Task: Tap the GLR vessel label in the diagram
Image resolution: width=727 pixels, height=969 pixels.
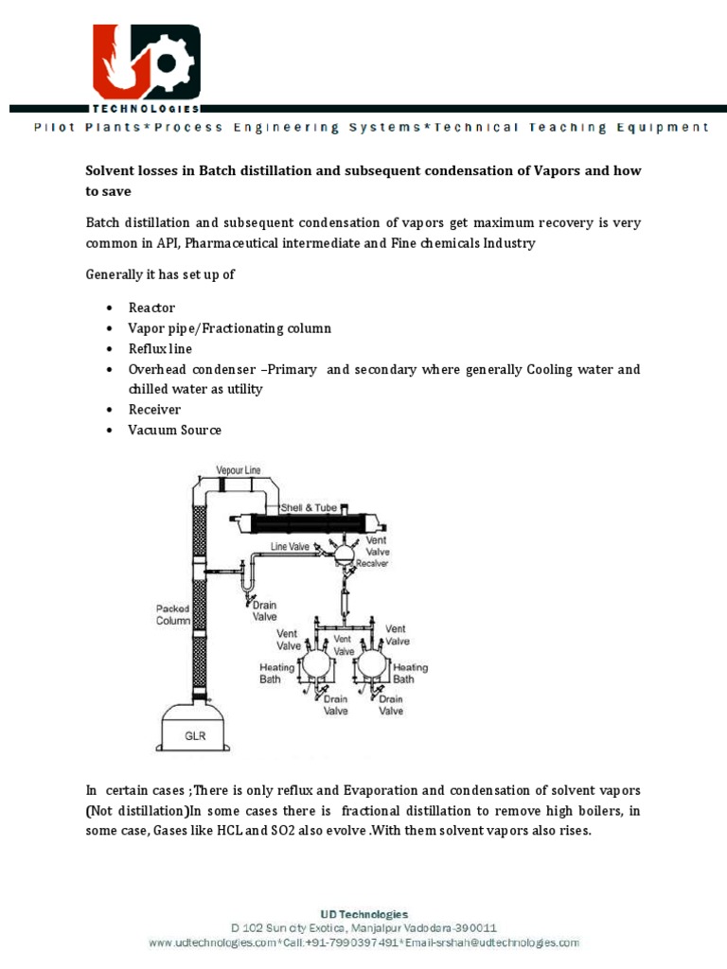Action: [196, 732]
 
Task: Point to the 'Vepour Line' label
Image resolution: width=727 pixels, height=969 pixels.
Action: [238, 469]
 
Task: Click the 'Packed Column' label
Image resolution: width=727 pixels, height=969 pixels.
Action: [173, 615]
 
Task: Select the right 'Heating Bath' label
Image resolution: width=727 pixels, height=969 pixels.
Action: [410, 673]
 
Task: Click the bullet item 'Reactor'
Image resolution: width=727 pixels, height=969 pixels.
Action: [151, 308]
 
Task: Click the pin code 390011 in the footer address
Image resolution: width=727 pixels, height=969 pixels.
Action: [475, 928]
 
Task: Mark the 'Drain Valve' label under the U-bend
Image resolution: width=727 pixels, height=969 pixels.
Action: [264, 609]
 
